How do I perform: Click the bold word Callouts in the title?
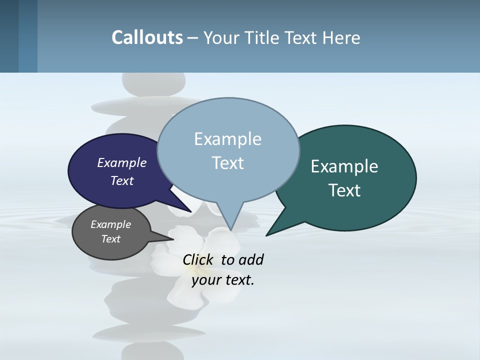point(147,37)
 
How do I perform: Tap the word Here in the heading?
point(342,37)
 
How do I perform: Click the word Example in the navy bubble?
point(122,162)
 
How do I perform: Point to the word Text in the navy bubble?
point(122,180)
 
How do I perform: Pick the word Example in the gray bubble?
point(111,224)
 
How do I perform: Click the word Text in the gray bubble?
point(111,239)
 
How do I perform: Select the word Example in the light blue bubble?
point(227,139)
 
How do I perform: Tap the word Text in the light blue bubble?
point(228,163)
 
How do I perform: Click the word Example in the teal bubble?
point(344,166)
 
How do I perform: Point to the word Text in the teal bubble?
point(344,190)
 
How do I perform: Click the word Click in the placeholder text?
point(198,259)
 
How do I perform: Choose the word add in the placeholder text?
point(251,259)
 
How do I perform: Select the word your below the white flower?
point(205,280)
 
